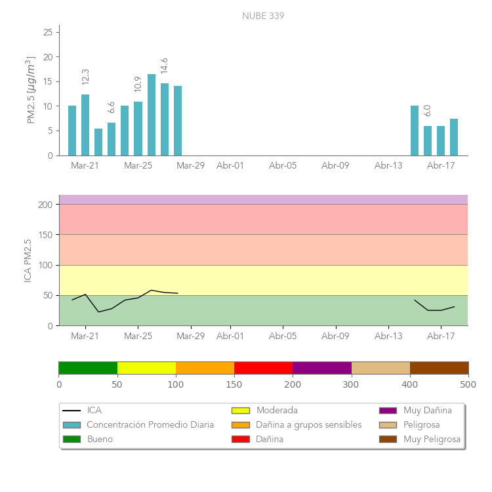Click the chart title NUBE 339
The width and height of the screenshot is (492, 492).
click(x=263, y=16)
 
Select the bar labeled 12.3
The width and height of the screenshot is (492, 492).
click(x=85, y=125)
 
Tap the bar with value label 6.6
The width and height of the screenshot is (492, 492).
click(x=112, y=139)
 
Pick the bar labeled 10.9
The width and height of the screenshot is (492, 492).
click(x=138, y=129)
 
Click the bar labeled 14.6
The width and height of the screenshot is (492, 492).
click(x=165, y=119)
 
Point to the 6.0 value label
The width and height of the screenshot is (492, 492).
click(x=428, y=111)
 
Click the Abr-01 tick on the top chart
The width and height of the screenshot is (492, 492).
click(x=230, y=166)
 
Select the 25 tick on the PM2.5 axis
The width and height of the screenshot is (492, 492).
click(x=48, y=32)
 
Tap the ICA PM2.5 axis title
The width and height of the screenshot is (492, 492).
click(x=28, y=260)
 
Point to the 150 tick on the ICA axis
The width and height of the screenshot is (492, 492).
click(x=45, y=235)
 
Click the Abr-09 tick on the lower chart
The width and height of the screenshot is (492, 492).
click(x=335, y=337)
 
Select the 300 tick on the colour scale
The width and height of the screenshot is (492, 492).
click(x=352, y=384)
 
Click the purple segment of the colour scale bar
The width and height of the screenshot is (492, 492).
click(x=322, y=368)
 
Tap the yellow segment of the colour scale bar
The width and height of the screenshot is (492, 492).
click(x=146, y=368)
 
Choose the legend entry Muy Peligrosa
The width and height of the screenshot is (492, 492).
click(x=432, y=439)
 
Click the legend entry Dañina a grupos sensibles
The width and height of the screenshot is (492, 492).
click(x=308, y=424)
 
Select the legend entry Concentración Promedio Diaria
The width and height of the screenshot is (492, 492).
click(x=150, y=424)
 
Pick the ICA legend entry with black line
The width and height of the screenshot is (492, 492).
click(x=94, y=411)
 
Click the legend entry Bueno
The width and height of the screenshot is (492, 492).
click(x=100, y=439)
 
